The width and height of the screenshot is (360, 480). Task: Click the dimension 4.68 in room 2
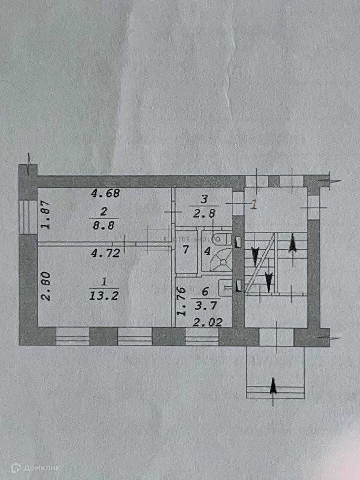click(x=105, y=193)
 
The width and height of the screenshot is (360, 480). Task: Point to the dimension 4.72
click(x=105, y=254)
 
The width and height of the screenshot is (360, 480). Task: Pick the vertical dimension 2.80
click(x=45, y=290)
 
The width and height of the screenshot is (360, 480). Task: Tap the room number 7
click(x=186, y=249)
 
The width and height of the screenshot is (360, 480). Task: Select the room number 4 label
click(x=207, y=250)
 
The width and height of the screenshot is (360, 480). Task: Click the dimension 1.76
click(x=180, y=302)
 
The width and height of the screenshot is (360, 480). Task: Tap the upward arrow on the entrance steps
click(x=273, y=387)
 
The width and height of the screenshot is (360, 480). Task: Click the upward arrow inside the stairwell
click(x=292, y=243)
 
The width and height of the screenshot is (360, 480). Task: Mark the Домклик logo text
click(x=40, y=467)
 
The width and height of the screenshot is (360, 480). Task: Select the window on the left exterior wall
click(x=28, y=217)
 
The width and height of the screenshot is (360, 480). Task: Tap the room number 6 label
click(x=204, y=292)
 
